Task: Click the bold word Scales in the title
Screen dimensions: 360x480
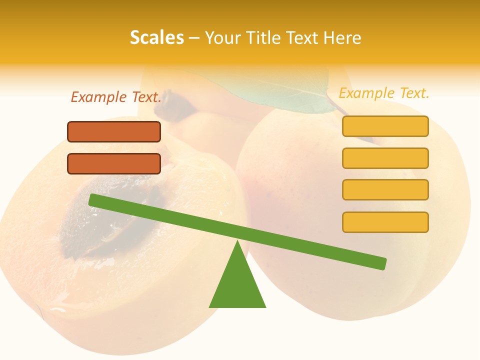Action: pos(156,37)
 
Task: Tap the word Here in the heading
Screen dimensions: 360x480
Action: pos(342,37)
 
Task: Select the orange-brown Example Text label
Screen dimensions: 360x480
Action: pos(116,97)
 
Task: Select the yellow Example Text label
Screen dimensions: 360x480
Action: pos(384,93)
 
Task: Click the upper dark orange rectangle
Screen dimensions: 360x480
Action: pos(114,132)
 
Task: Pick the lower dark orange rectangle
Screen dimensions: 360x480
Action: pos(114,163)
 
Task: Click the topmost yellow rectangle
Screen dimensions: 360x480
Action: pos(385,126)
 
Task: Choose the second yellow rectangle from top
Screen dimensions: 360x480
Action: pos(385,158)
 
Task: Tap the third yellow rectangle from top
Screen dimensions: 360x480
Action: pos(385,189)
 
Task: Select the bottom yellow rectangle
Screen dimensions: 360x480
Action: pos(385,222)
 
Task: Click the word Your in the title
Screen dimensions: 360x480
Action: pos(222,37)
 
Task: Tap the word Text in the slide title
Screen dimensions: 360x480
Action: pos(302,37)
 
